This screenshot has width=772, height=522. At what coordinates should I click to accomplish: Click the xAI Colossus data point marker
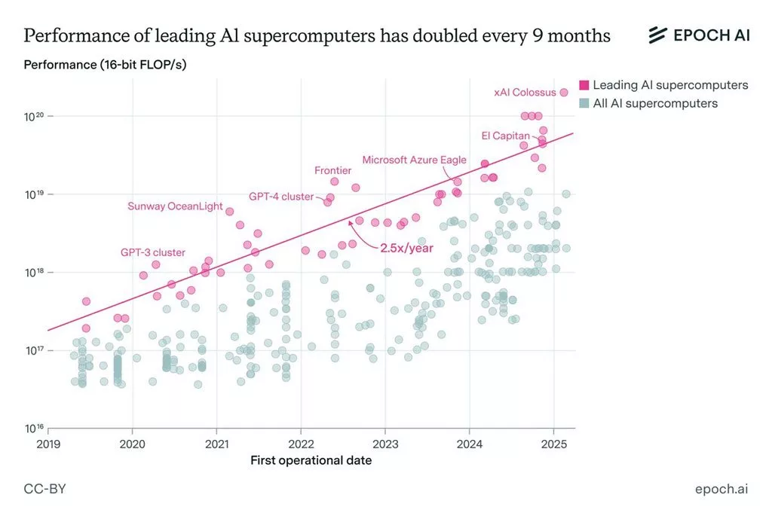point(563,92)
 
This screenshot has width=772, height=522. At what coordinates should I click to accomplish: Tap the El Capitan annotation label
point(505,136)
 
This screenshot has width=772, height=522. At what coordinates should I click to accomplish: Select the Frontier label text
point(333,170)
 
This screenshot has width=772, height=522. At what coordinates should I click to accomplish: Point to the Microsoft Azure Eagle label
point(414,160)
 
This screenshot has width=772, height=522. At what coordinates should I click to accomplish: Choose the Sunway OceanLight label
point(175,206)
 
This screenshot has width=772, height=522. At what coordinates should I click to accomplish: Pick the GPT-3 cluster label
point(153,252)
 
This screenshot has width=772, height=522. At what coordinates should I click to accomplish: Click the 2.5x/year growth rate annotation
point(407,247)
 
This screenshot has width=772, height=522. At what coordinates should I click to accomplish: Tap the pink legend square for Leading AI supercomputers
point(584,85)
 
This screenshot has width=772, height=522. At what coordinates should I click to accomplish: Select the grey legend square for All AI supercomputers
point(584,103)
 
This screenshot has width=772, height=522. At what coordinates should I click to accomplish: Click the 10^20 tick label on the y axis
point(33,117)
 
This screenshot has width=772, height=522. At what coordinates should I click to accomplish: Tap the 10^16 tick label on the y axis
point(33,429)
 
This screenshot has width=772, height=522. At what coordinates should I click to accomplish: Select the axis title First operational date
point(311,459)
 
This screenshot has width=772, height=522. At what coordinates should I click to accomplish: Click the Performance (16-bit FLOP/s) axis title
point(105,65)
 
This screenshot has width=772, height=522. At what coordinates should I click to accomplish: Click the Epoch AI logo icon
point(658,35)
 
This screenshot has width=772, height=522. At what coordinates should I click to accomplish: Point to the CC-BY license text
point(45,489)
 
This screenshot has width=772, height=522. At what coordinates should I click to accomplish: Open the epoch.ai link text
point(721,489)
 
